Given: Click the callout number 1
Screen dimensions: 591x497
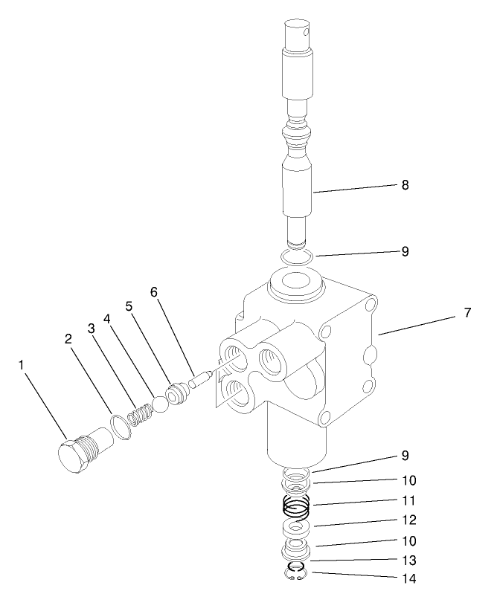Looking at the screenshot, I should click(x=23, y=365).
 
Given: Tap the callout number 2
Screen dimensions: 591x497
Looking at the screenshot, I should click(x=68, y=338).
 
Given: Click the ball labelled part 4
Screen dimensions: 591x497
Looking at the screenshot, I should click(x=161, y=403).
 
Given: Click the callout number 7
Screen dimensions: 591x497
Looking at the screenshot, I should click(x=466, y=313).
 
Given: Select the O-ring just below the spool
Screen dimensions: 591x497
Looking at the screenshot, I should click(x=298, y=256).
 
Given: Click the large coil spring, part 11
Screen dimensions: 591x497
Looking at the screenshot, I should click(x=298, y=509).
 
